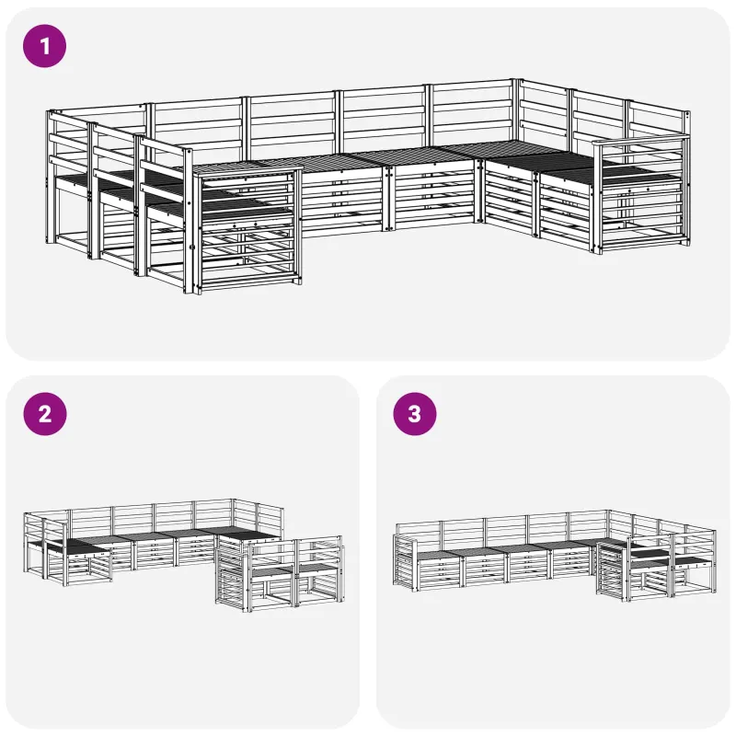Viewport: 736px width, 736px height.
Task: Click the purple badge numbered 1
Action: click(44, 46)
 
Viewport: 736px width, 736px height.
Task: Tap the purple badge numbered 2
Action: click(44, 414)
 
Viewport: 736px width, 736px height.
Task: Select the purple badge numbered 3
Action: click(415, 414)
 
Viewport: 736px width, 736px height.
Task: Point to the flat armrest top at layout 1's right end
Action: click(640, 139)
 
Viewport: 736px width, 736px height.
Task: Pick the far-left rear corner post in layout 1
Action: click(50, 177)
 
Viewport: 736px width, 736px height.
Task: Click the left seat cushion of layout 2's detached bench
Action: click(273, 571)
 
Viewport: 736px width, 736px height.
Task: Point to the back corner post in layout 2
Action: click(234, 514)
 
